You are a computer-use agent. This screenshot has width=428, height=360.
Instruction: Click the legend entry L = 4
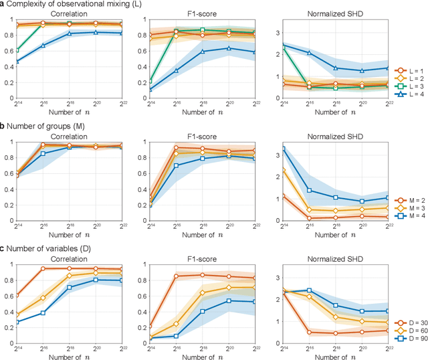point(407,96)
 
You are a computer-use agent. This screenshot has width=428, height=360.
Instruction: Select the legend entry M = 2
point(407,199)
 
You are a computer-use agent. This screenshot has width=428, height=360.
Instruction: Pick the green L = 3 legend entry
point(407,87)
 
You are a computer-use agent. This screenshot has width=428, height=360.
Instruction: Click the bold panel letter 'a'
point(3,5)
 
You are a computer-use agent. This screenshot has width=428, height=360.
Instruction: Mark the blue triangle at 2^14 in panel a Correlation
point(17,62)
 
